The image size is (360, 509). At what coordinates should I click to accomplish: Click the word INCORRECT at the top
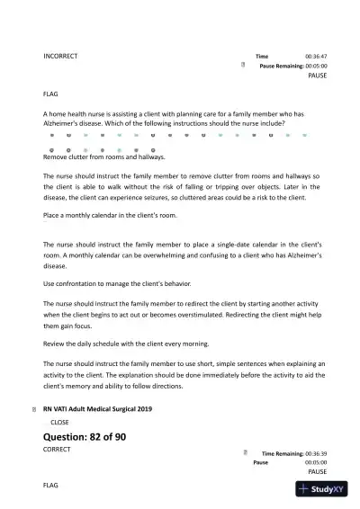coord(60,56)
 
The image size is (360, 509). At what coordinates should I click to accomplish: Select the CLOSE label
coord(59,421)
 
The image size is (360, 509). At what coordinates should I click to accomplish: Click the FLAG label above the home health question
coord(51,94)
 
